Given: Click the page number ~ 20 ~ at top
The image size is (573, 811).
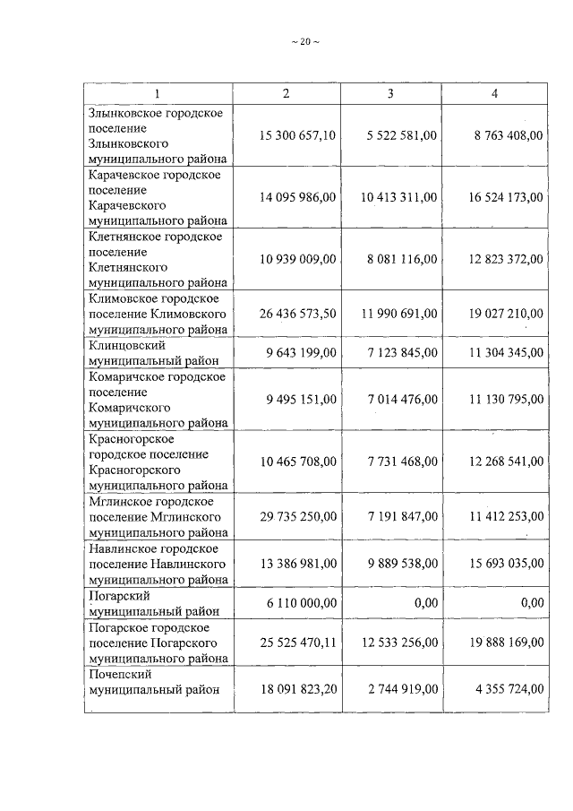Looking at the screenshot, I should pos(305,41).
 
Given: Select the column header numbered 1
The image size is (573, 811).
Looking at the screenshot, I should pos(158,93).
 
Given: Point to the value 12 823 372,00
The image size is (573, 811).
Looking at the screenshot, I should pos(505,259).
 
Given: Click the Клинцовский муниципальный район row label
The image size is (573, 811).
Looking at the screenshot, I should pos(147,352).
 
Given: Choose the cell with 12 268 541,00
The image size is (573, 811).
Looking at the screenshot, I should pos(505,462).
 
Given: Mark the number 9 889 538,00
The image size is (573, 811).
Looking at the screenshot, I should pos(401,563).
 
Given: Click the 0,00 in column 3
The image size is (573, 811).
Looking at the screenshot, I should pos(425,603).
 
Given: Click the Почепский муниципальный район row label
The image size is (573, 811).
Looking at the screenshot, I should pos(152,682).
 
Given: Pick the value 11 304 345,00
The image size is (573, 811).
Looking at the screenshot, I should pos(505,352).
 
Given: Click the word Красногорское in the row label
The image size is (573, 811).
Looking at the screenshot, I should pos(131,439).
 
